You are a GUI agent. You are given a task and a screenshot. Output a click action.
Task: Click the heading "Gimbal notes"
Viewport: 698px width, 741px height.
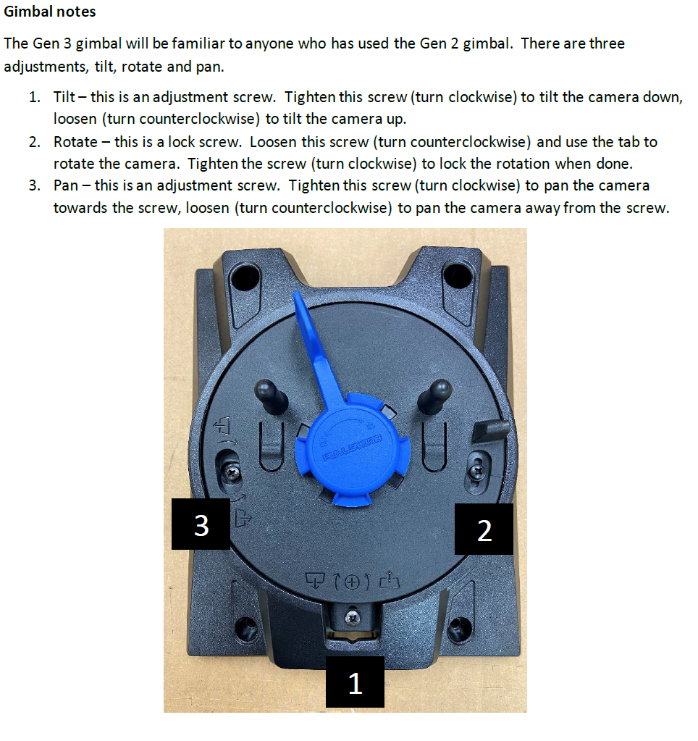pos(49,12)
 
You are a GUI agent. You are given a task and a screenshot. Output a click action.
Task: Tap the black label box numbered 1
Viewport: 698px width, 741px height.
pos(355,682)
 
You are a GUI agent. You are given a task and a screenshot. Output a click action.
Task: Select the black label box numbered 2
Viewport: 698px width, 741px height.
pos(484,529)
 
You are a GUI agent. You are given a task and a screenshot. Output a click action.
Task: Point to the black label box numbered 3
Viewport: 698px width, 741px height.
pos(201,524)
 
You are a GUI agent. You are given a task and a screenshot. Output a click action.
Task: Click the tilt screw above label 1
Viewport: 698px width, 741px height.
pos(351,616)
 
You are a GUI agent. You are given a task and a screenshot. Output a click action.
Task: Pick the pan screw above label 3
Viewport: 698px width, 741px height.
pos(232,470)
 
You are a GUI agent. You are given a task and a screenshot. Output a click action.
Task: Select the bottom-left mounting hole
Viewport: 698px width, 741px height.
pos(246,627)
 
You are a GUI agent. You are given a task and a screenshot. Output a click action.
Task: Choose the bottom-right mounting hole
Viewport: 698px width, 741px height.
pos(457,627)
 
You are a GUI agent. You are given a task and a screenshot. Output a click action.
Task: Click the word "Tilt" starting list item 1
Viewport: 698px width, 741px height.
pos(64,97)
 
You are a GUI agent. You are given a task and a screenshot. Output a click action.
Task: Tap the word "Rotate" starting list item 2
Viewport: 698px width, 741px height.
pos(75,142)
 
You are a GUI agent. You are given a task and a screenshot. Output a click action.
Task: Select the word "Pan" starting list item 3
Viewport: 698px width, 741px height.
pos(66,185)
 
